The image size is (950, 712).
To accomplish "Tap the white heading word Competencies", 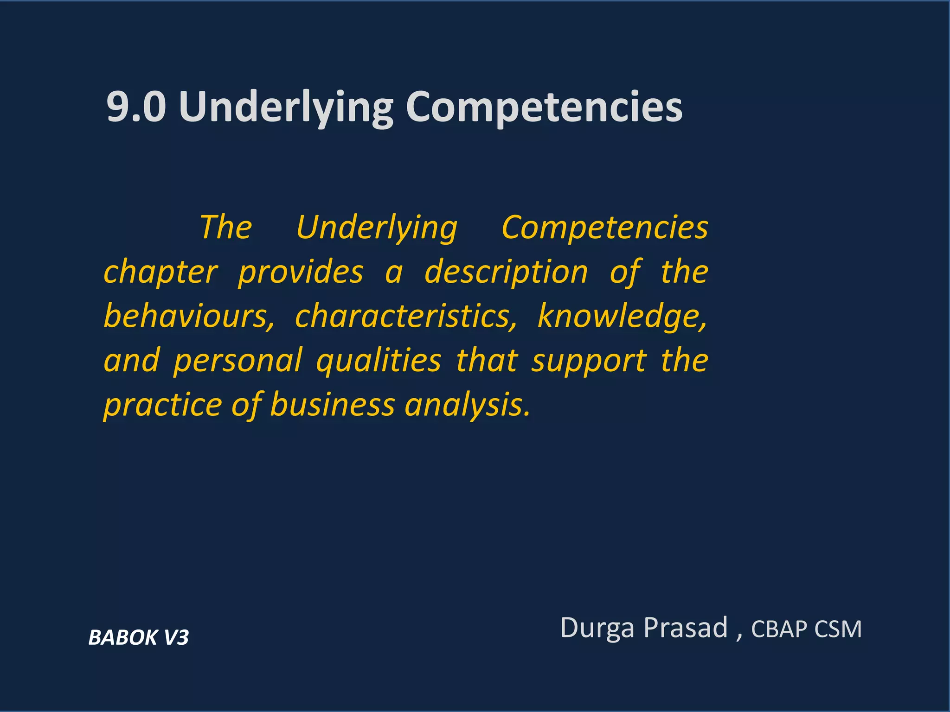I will pyautogui.click(x=544, y=108).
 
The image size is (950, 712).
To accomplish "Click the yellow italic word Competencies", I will pyautogui.click(x=605, y=228).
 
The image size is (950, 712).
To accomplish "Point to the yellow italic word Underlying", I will pyautogui.click(x=377, y=229).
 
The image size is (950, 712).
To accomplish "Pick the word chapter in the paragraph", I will pyautogui.click(x=160, y=273).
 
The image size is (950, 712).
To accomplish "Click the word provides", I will pyautogui.click(x=301, y=273).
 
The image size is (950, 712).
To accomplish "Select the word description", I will pyautogui.click(x=506, y=273).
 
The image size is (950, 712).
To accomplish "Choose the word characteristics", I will pyautogui.click(x=406, y=316).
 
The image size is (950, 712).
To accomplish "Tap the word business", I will pyautogui.click(x=332, y=405).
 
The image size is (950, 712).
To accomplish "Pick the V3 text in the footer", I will pyautogui.click(x=176, y=637).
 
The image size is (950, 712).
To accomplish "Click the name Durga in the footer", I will pyautogui.click(x=597, y=628).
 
